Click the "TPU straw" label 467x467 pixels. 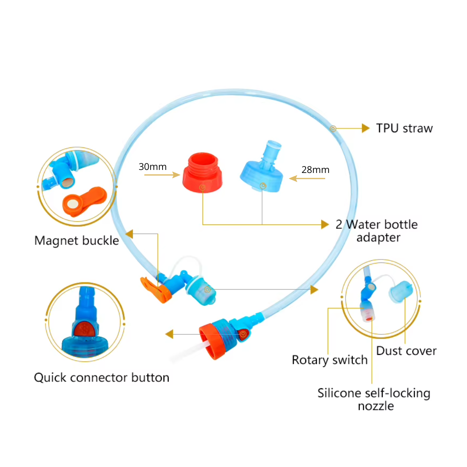pos(404,128)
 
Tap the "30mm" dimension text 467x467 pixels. pos(153,166)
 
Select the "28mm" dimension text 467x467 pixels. pos(315,170)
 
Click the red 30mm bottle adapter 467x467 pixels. pos(202,172)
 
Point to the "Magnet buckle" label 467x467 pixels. pos(77,241)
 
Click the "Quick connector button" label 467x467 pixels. pos(102,377)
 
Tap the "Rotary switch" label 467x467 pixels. pos(329,360)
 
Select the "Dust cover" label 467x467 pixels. pos(406,351)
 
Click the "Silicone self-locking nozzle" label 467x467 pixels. pos(374,400)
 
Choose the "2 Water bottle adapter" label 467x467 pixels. pos(377,231)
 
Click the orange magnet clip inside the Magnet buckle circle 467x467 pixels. pos(84,201)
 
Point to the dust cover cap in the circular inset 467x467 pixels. pos(400,291)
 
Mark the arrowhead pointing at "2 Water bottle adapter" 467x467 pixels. pos(325,224)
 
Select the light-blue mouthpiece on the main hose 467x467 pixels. pos(201,291)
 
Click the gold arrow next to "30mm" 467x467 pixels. pos(162,175)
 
